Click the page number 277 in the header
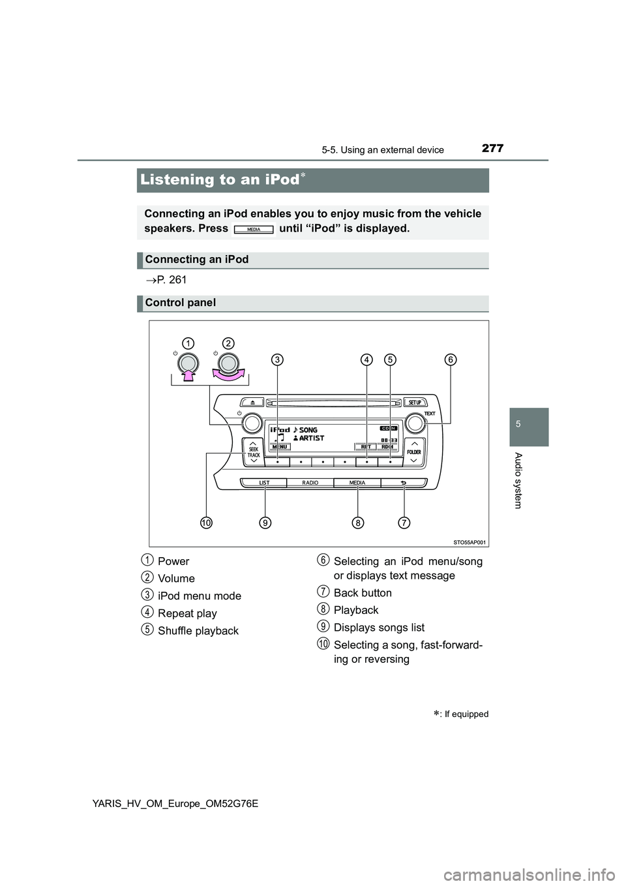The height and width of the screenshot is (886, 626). pos(492,148)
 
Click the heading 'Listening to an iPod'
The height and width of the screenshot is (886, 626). pos(220,179)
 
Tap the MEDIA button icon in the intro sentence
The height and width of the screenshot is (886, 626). pos(254,230)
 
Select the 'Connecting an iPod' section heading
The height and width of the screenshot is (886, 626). pos(196,259)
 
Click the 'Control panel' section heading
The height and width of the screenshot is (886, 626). pos(180,302)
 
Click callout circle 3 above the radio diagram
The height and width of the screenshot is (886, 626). pos(278,359)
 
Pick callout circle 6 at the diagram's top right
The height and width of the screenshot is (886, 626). pos(451,359)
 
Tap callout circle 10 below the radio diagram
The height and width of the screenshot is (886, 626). pos(206,523)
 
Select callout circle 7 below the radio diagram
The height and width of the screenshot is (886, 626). pos(404,523)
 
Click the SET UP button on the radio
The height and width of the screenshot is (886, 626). pos(415,402)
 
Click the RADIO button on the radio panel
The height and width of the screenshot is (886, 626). pos(310,483)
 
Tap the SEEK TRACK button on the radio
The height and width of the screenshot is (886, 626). pos(253,451)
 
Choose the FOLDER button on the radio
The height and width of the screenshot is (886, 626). pos(414,451)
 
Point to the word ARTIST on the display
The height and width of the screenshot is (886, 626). pos(311,438)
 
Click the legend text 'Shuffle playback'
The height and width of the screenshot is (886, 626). pos(198,631)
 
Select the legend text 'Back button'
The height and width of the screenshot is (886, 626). pos(363,593)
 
